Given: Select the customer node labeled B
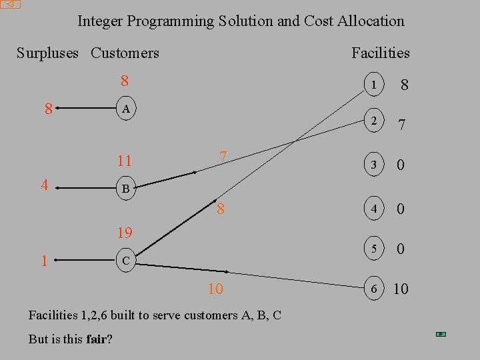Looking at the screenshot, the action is tap(125, 189).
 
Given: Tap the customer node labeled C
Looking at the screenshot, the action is tap(125, 261).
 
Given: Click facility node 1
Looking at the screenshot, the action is tap(374, 85).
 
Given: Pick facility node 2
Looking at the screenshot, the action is tap(374, 122).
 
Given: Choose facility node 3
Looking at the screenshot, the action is tap(374, 165).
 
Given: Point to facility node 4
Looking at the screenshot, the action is tap(374, 209).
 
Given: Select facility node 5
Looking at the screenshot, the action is tap(374, 249).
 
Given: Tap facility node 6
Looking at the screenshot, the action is tap(374, 288).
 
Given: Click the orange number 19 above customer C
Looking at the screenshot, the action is tap(125, 233).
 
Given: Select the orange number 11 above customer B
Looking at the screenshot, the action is tap(124, 161).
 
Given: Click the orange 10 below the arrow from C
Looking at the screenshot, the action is tap(215, 289).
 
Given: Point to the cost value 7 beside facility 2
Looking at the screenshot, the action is tap(401, 125).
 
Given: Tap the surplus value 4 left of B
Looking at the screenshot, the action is tap(44, 185).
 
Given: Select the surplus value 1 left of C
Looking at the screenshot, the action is tap(44, 261).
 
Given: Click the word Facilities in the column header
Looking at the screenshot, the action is tap(381, 53).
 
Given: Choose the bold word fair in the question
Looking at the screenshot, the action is tap(97, 339).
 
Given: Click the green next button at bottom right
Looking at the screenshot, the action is tap(441, 333).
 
